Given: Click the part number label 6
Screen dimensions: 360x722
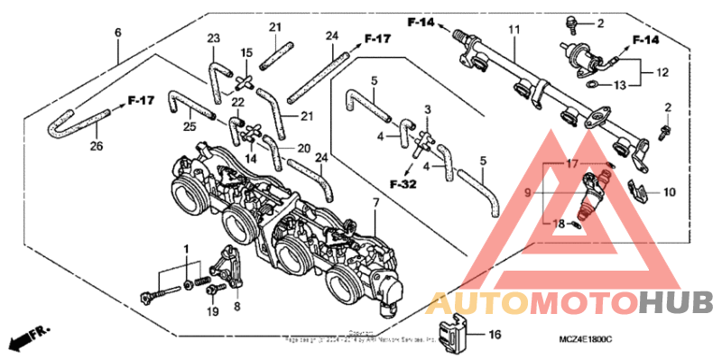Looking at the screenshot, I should pos(117,33).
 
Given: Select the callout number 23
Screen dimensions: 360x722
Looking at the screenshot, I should pos(213,38).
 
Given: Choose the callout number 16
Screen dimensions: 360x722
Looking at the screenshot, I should pos(494,335).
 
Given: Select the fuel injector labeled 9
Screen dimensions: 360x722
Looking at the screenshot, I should pos(596,191).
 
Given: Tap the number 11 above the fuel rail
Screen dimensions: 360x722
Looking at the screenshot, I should pos(513,30).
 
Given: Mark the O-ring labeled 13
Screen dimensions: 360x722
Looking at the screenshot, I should pos(588,85).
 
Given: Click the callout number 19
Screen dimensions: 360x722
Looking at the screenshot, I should pos(212,311).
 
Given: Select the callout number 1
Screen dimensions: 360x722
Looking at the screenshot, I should pos(187,247).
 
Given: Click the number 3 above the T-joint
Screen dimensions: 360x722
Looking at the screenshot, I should pos(427,109).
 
